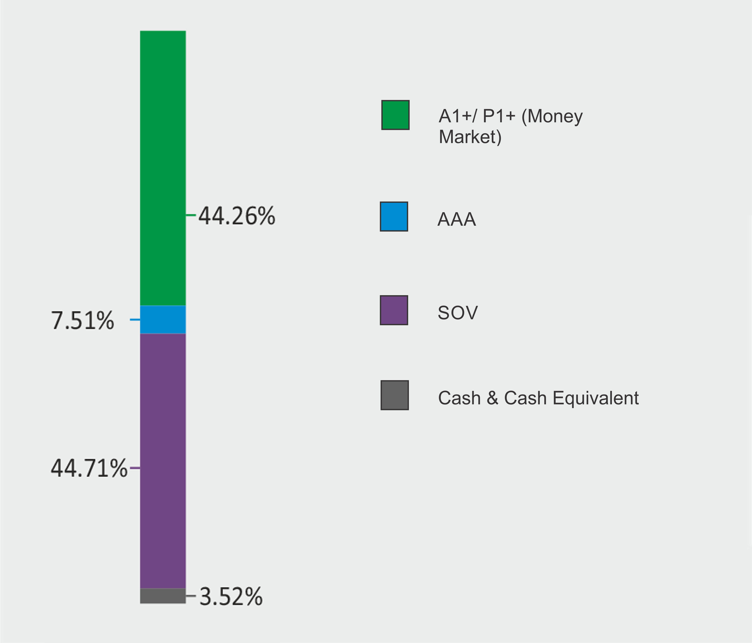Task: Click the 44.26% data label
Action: (237, 216)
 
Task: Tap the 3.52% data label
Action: (231, 596)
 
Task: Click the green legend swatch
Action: (395, 115)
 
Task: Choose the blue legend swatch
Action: (394, 216)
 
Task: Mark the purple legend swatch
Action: (394, 310)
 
